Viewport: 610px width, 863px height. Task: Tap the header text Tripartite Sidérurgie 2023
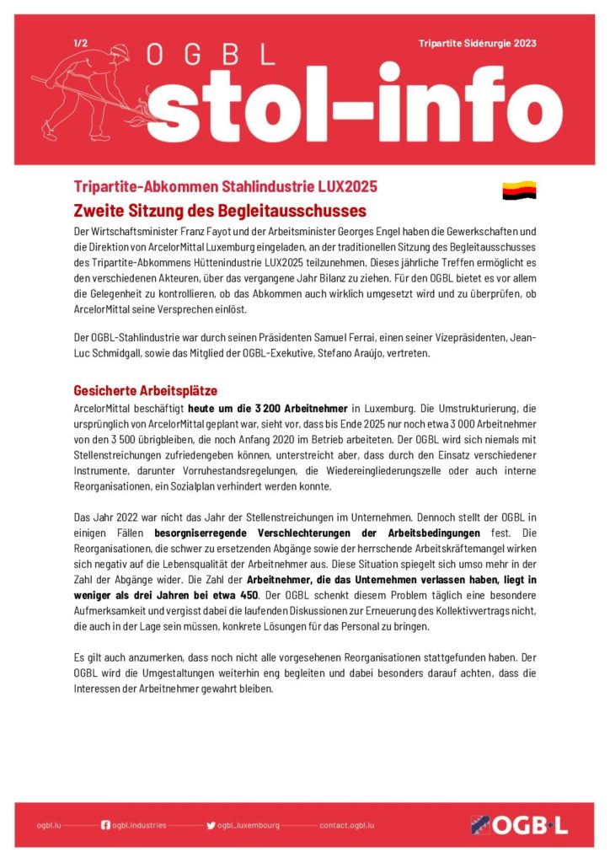tap(477, 43)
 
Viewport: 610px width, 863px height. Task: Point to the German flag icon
tap(519, 191)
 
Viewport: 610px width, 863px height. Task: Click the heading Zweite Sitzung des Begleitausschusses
tap(220, 210)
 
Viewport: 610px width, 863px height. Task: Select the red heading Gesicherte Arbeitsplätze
tap(145, 391)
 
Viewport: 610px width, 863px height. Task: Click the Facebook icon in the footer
tap(105, 825)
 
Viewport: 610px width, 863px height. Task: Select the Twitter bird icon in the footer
tap(211, 825)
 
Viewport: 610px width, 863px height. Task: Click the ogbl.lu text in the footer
tap(49, 826)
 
